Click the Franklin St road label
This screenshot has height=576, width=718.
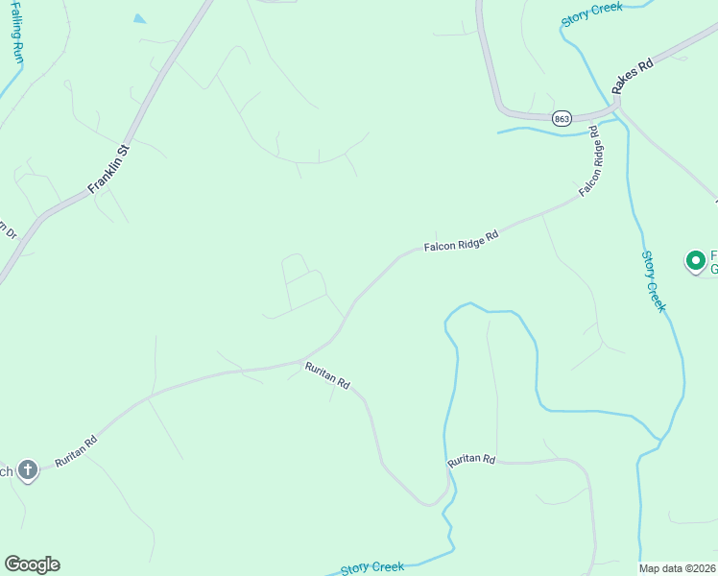coord(109,170)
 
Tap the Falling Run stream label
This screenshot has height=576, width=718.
coord(17,33)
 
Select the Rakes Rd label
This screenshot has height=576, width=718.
coord(633,76)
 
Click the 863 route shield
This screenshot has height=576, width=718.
coord(562,117)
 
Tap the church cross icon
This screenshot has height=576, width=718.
coord(28,470)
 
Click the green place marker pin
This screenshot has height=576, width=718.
coord(695,260)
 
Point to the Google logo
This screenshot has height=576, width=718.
coord(32,564)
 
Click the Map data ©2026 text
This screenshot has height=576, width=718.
coord(678,568)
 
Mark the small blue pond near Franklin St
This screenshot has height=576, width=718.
coord(139,18)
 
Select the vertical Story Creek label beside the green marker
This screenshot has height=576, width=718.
coord(653,280)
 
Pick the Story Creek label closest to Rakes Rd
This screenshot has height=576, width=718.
coord(592,13)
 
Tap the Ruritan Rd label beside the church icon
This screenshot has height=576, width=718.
coord(76,452)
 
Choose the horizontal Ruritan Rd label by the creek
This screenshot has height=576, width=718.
coord(471,461)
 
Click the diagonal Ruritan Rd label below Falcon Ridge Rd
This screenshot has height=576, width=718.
coord(327,374)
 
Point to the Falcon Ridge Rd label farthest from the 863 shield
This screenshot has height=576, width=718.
coord(462,241)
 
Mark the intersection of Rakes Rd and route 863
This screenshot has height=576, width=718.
coord(617,100)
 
